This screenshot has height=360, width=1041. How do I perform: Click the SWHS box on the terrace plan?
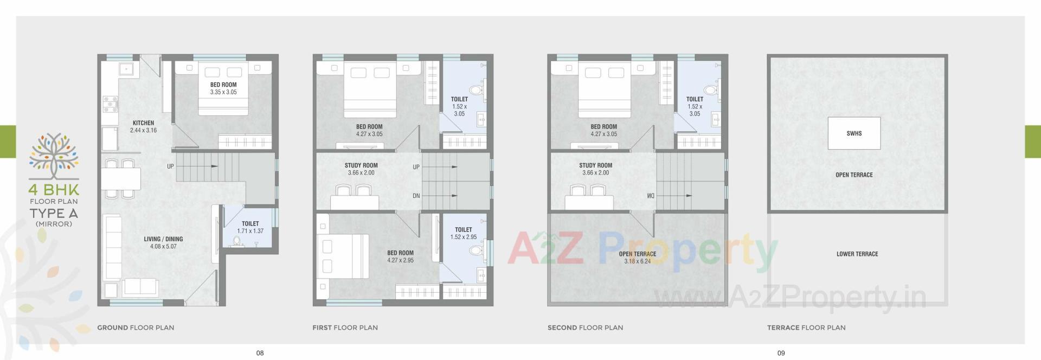(854, 133)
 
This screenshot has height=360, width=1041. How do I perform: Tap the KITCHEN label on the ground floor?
(143, 123)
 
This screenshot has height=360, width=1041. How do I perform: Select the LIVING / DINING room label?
(163, 239)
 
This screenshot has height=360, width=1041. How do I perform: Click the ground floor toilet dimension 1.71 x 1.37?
(250, 231)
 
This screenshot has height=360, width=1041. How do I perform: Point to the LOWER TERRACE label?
(857, 254)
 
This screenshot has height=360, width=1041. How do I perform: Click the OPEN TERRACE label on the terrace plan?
(854, 175)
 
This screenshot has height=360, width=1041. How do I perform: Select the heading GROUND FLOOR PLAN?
(136, 327)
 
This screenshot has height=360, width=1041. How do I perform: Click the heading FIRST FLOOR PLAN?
(345, 327)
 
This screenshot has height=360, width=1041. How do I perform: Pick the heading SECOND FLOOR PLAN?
(585, 327)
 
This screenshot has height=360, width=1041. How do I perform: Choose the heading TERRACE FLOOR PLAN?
(806, 327)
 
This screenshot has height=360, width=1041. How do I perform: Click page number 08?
(260, 353)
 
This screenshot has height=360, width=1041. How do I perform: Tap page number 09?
(781, 353)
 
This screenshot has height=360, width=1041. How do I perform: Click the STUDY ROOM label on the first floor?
(361, 165)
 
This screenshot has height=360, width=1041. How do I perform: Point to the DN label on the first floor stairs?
(416, 196)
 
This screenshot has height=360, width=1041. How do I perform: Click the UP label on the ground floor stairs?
(170, 166)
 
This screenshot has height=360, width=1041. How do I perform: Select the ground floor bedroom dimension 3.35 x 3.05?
(223, 92)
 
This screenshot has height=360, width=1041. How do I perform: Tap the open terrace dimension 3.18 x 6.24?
(637, 261)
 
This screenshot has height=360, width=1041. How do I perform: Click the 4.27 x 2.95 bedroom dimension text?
(400, 260)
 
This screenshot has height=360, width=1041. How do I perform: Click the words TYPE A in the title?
(54, 213)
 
